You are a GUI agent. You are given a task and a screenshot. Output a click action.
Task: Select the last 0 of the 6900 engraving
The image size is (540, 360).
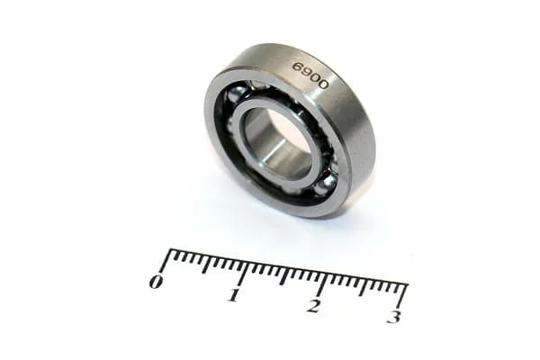point(322,85)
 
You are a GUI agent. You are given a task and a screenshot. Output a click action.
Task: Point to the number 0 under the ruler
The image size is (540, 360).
point(156,282)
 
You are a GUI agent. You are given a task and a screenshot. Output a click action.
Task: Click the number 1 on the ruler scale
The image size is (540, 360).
point(234,295)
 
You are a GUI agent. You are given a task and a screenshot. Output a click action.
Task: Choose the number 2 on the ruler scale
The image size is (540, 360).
point(313,306)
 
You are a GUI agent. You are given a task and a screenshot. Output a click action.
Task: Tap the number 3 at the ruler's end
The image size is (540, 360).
point(394,317)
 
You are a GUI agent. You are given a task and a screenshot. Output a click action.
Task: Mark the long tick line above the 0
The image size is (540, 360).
point(166,260)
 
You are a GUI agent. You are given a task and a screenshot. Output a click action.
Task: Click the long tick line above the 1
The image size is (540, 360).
point(244,271)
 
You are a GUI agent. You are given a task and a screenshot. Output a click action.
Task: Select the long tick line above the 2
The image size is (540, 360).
point(322,283)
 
